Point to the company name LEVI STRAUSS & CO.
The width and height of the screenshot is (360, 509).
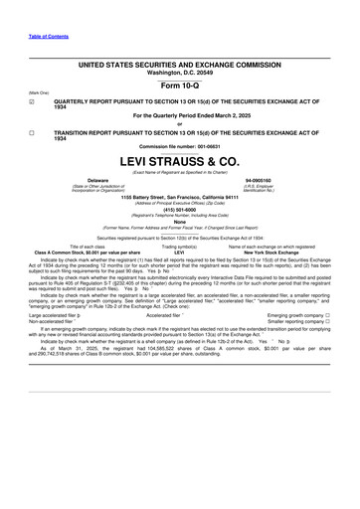(x=180, y=160)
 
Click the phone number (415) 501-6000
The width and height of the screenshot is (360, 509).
(x=180, y=210)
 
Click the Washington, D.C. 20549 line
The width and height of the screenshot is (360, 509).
(x=180, y=73)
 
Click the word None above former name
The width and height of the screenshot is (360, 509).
(x=180, y=223)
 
